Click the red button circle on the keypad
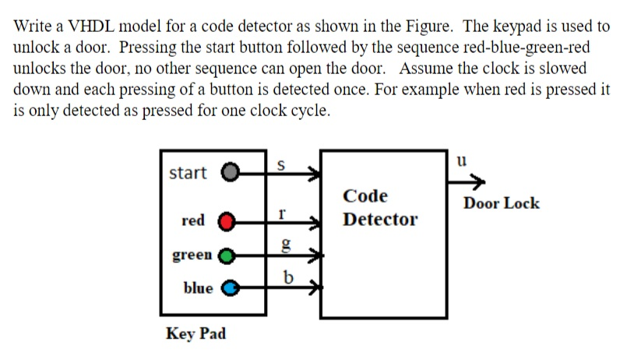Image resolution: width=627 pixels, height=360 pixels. [x=226, y=221]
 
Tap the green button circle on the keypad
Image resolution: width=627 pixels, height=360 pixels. [x=226, y=255]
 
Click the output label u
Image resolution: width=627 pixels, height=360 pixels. [x=461, y=161]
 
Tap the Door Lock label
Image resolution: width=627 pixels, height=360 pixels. [x=501, y=203]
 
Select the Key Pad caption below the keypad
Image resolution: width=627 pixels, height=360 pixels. [x=196, y=334]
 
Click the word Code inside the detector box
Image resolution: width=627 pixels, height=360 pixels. [x=365, y=196]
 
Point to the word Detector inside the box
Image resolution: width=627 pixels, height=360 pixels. [x=380, y=219]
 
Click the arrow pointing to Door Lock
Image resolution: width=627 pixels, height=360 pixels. [x=467, y=182]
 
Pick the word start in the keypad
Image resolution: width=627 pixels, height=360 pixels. [x=188, y=172]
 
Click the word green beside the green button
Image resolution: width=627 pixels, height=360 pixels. [x=192, y=255]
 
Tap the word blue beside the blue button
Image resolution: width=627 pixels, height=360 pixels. [x=198, y=288]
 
